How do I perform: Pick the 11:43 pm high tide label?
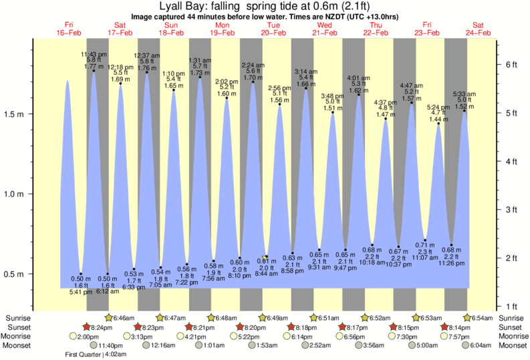92,53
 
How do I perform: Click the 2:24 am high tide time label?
253,65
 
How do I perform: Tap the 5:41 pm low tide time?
81,292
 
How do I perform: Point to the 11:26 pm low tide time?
452,264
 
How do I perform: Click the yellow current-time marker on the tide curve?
265,257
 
